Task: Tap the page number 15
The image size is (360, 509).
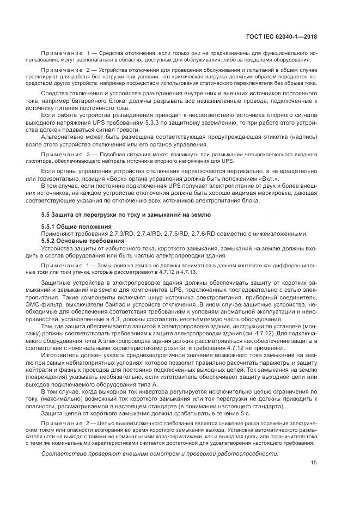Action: point(314,478)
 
